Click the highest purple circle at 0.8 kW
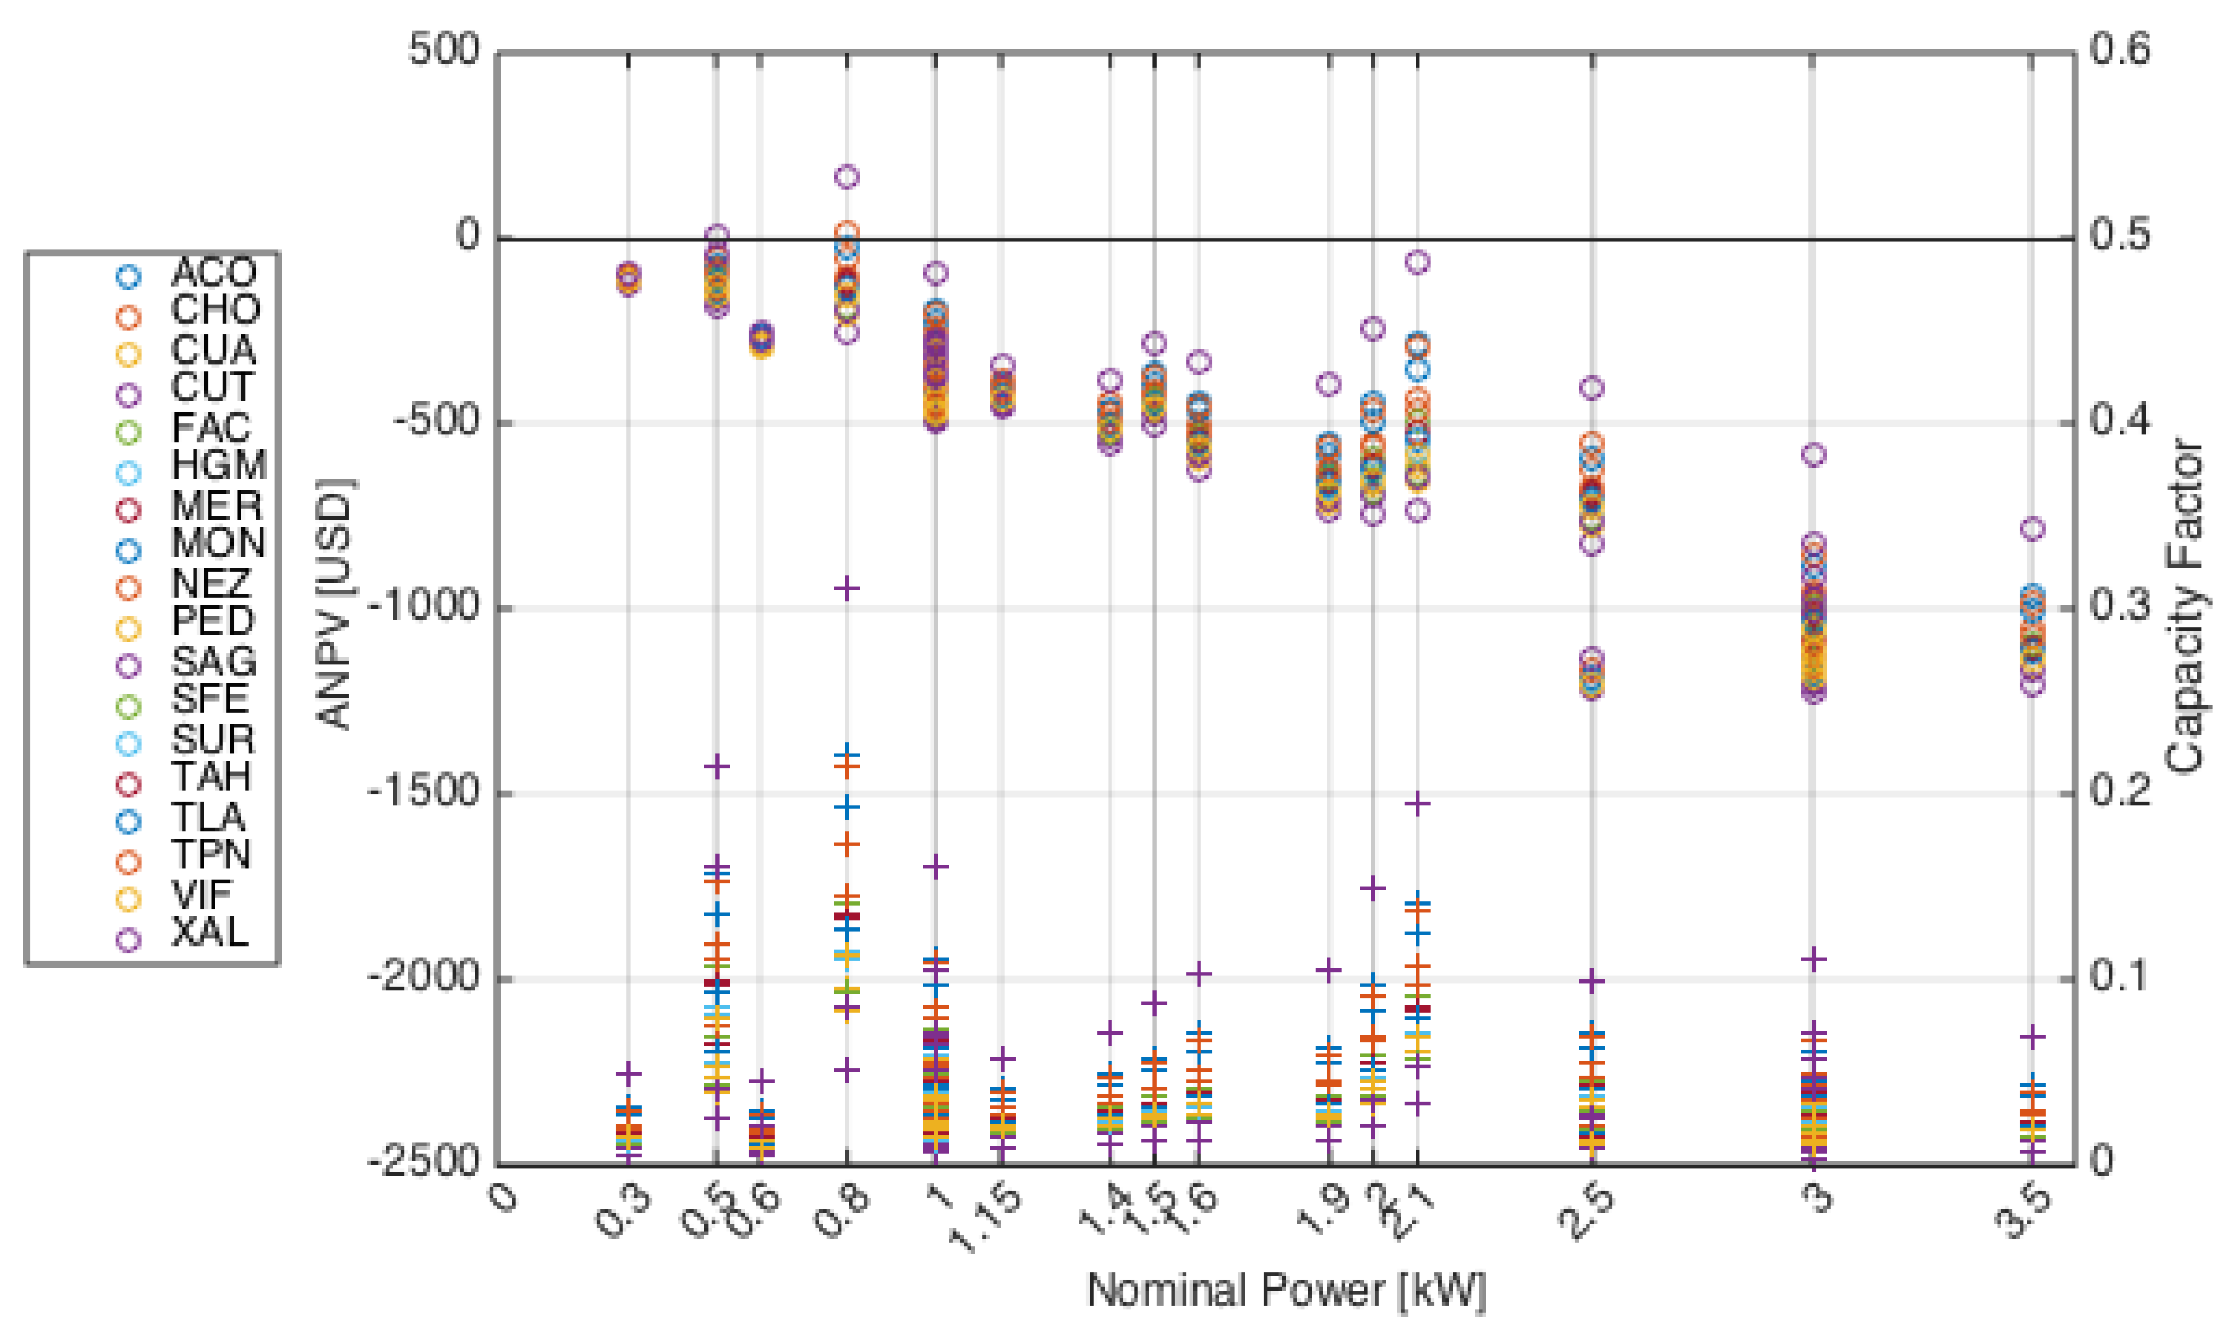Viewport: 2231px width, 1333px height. click(847, 176)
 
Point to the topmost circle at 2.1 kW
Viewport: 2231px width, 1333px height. click(1416, 262)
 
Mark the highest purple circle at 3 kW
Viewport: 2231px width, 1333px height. click(1814, 455)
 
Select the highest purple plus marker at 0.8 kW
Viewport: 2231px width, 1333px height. click(847, 588)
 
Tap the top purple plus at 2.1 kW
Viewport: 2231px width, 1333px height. click(1416, 803)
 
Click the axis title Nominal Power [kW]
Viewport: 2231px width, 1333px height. click(1286, 1290)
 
